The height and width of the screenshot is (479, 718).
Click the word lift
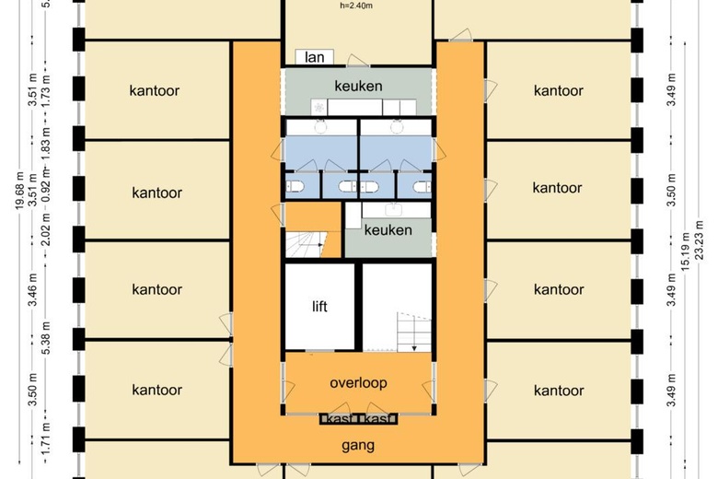(319, 307)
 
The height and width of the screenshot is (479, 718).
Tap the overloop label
(358, 383)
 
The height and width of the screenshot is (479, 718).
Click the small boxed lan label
(314, 56)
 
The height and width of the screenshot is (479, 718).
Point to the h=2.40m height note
(357, 6)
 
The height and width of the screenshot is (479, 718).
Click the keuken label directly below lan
(358, 86)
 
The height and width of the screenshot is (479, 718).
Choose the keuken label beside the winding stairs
(388, 230)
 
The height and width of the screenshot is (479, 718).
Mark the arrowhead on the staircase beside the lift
(414, 347)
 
